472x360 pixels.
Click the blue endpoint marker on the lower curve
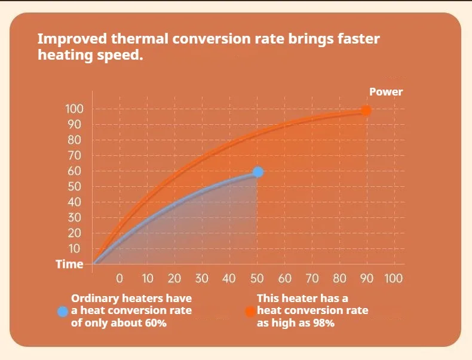[258, 172]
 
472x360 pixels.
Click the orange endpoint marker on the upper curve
[366, 110]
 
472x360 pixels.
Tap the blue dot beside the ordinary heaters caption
[62, 311]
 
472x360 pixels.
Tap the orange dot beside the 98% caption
[250, 311]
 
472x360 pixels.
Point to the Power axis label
[386, 92]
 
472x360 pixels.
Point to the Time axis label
[69, 264]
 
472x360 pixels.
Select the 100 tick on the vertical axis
[75, 109]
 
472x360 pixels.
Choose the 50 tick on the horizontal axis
[257, 278]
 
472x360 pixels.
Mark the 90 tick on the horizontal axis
[366, 278]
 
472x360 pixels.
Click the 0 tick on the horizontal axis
[119, 278]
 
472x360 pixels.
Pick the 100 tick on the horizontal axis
[394, 278]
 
